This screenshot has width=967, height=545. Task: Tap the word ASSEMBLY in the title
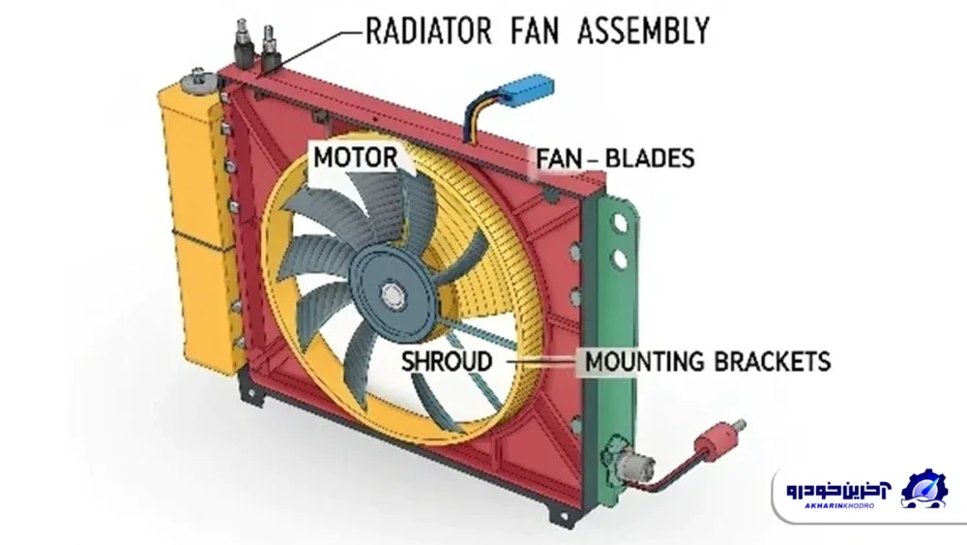(644, 31)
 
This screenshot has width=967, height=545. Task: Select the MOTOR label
(355, 158)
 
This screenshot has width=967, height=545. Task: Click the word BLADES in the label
(650, 159)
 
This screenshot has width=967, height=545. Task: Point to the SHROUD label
(447, 362)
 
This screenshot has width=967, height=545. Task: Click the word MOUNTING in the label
(644, 362)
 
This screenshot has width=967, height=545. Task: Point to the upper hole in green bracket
(619, 223)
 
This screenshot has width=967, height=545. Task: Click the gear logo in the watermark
(923, 489)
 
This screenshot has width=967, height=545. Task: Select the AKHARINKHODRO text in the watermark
(838, 505)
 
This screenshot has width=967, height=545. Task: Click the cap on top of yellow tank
(200, 81)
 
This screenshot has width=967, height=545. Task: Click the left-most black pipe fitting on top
(242, 44)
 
